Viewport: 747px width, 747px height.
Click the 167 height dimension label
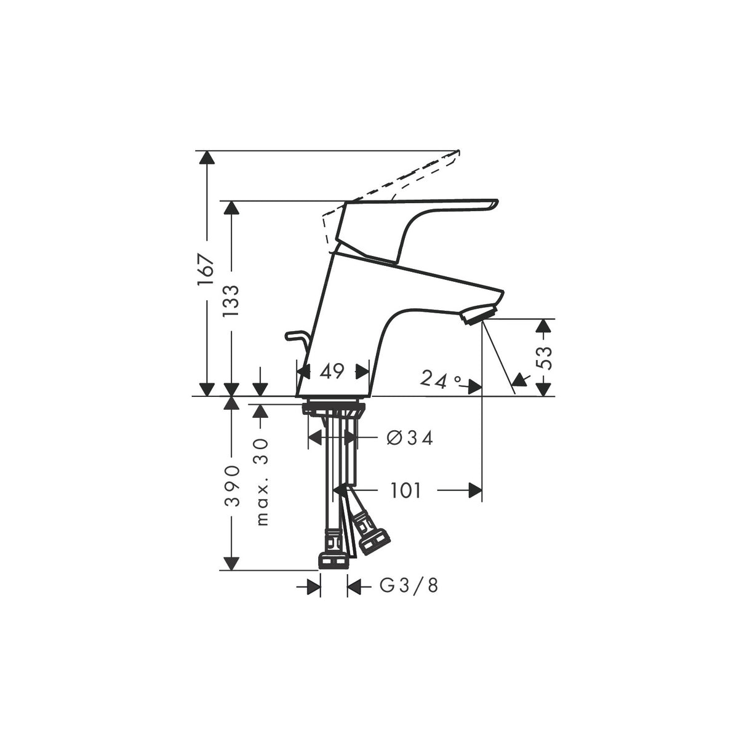[x=206, y=270]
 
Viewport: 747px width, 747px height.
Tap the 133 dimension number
[x=231, y=302]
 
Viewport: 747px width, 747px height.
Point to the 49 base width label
[x=332, y=372]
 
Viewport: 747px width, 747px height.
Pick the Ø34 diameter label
[x=410, y=438]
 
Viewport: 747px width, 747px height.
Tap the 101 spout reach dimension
[x=405, y=491]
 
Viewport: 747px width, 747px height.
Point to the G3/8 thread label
[x=409, y=597]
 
